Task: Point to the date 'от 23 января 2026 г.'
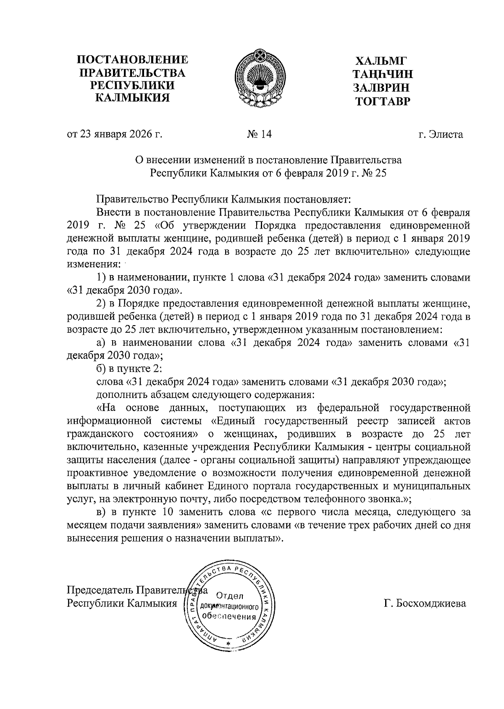(x=115, y=134)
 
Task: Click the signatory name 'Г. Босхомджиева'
(x=425, y=603)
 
